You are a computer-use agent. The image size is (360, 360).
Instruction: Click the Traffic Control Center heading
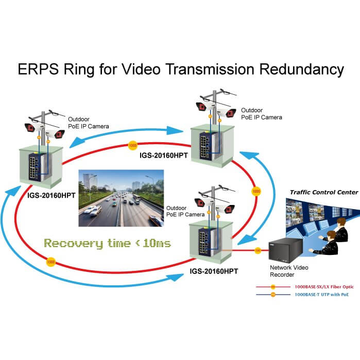(x=323, y=192)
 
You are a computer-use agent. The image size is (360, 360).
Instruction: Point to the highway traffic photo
(x=120, y=197)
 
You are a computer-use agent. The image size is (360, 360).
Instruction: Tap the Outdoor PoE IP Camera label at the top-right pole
(x=261, y=113)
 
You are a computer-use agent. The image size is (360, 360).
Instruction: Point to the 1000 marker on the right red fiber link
(x=255, y=191)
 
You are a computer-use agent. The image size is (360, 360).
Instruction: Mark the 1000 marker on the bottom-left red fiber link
(x=50, y=262)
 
